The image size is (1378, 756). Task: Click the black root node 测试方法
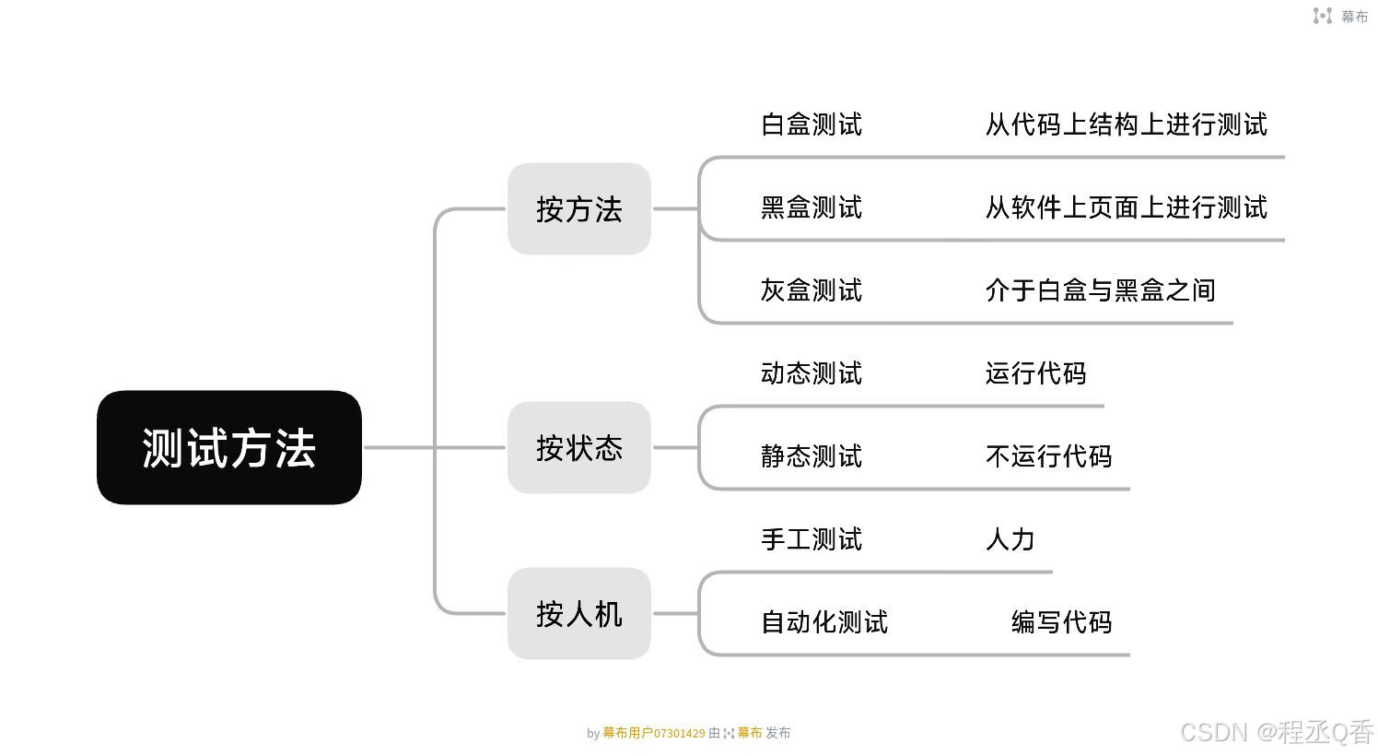[x=228, y=448]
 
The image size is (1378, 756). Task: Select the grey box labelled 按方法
[x=578, y=209]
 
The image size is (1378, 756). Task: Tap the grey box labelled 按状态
[x=578, y=448]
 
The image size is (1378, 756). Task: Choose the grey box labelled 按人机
[x=578, y=614]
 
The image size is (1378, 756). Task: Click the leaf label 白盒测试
[x=811, y=125]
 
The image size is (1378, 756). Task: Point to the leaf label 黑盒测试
[x=811, y=208]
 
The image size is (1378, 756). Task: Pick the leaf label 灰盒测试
[x=811, y=291]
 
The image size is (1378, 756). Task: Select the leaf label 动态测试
[x=811, y=374]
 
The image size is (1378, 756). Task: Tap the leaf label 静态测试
[x=811, y=457]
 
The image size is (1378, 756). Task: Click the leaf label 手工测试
[x=811, y=540]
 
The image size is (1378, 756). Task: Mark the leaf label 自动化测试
[x=823, y=623]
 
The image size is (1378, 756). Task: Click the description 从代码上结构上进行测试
[x=1126, y=125]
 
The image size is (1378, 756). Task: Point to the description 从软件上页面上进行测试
[x=1126, y=208]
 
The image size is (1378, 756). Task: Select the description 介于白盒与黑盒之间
[x=1100, y=291]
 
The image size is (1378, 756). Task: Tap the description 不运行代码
[x=1048, y=457]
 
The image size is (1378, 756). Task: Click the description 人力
[x=1010, y=540]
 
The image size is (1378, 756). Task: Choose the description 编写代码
[x=1061, y=623]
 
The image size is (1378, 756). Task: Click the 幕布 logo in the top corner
[x=1340, y=17]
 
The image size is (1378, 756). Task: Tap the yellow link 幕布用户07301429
[x=654, y=734]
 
